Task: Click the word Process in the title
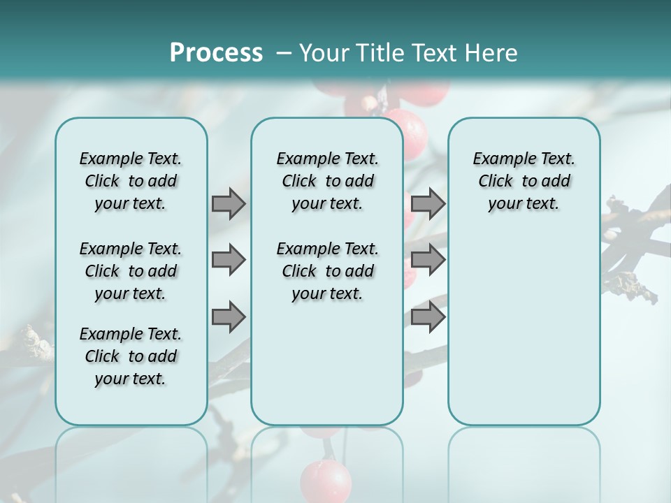click(216, 52)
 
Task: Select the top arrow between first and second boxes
click(229, 203)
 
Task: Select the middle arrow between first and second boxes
click(229, 260)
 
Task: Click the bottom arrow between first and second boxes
click(229, 316)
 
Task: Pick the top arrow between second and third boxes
click(428, 203)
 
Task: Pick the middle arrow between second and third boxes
click(428, 260)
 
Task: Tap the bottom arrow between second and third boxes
click(428, 316)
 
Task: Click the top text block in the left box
click(131, 181)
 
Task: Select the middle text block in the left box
click(131, 271)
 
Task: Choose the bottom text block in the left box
click(131, 356)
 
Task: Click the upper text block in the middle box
click(327, 181)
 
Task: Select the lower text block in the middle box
click(327, 271)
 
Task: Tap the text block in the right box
click(524, 181)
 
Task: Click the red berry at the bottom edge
click(326, 481)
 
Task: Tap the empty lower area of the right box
click(524, 335)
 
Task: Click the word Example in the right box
click(498, 159)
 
